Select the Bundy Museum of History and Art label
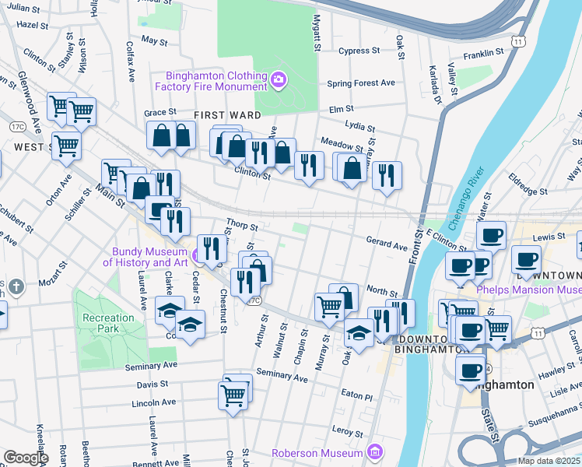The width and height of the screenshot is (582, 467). point(149,257)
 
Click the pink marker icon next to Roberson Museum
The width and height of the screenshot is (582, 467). point(376,452)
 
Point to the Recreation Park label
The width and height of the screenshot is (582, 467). point(109,323)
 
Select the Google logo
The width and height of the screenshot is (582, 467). point(25,458)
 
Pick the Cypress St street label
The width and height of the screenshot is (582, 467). point(359,51)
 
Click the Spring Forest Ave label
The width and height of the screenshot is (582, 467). point(361,83)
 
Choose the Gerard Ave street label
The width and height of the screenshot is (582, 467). point(387,245)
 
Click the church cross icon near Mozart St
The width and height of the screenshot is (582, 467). point(16,286)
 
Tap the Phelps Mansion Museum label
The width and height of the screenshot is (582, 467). point(528,290)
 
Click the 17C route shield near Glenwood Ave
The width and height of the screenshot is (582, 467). point(16,126)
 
